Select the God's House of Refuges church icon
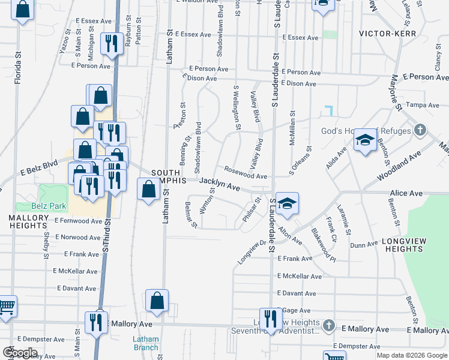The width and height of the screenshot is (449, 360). click(420, 130)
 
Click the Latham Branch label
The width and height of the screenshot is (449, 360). click(145, 343)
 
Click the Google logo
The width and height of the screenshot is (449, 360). click(20, 353)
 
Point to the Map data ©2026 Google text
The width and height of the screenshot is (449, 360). click(411, 355)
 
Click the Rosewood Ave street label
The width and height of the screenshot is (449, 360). click(246, 173)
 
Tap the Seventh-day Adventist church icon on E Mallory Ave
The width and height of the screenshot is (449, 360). click(328, 326)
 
